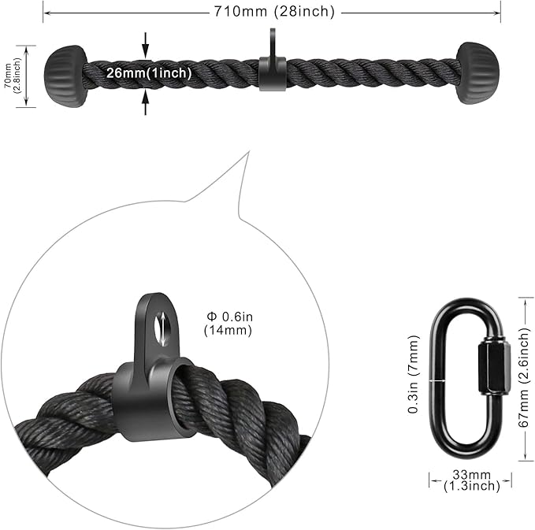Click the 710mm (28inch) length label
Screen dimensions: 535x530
point(274,12)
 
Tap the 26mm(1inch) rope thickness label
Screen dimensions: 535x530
point(149,73)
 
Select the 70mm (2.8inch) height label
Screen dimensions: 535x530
point(13,76)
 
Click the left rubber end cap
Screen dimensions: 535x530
point(65,76)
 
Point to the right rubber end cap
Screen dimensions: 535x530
point(478,73)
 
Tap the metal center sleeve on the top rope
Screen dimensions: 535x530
point(272,74)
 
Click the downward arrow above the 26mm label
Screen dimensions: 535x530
point(146,45)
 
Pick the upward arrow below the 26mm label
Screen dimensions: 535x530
point(146,102)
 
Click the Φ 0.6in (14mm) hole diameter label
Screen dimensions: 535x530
point(228,324)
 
